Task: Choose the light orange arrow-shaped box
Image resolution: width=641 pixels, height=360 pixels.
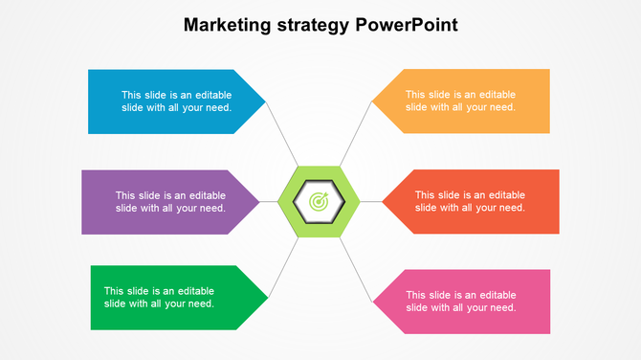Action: [x=469, y=101]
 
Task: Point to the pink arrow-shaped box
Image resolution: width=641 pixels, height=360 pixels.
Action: [x=469, y=302]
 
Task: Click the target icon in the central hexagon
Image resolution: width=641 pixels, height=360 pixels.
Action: [x=319, y=202]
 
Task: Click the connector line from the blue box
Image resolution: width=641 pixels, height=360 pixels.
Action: [x=282, y=134]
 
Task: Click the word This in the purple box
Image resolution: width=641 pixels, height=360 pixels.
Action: [x=126, y=195]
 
